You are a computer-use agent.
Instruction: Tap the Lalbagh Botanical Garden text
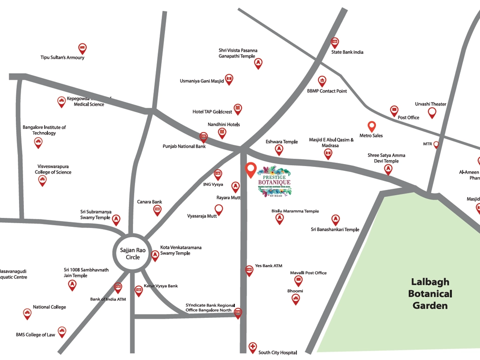coord(430,294)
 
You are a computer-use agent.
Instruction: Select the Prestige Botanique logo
coord(274,182)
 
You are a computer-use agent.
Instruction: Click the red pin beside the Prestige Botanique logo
coord(251,170)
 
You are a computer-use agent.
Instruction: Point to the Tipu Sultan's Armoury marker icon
coord(82,48)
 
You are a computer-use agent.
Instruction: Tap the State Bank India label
coord(347,52)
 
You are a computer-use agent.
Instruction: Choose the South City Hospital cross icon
coord(253,347)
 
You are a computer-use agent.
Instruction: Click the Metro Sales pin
coord(371,126)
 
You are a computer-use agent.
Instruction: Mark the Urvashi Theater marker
coord(432,112)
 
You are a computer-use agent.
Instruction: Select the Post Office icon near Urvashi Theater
coord(394,111)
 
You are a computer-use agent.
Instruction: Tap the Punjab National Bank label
coord(184,146)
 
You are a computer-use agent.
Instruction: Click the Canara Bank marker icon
coord(157,210)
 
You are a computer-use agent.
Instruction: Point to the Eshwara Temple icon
coord(279,150)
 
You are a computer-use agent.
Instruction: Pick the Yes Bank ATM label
coord(269,266)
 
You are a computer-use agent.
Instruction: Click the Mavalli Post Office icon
coord(299,280)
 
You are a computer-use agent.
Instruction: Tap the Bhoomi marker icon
coord(295,299)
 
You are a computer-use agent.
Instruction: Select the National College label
coord(49,307)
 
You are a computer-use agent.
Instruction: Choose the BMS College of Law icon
coord(62,331)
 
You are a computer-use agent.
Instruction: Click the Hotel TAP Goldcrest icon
coord(238,109)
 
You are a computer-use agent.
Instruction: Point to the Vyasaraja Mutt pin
coord(218,209)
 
